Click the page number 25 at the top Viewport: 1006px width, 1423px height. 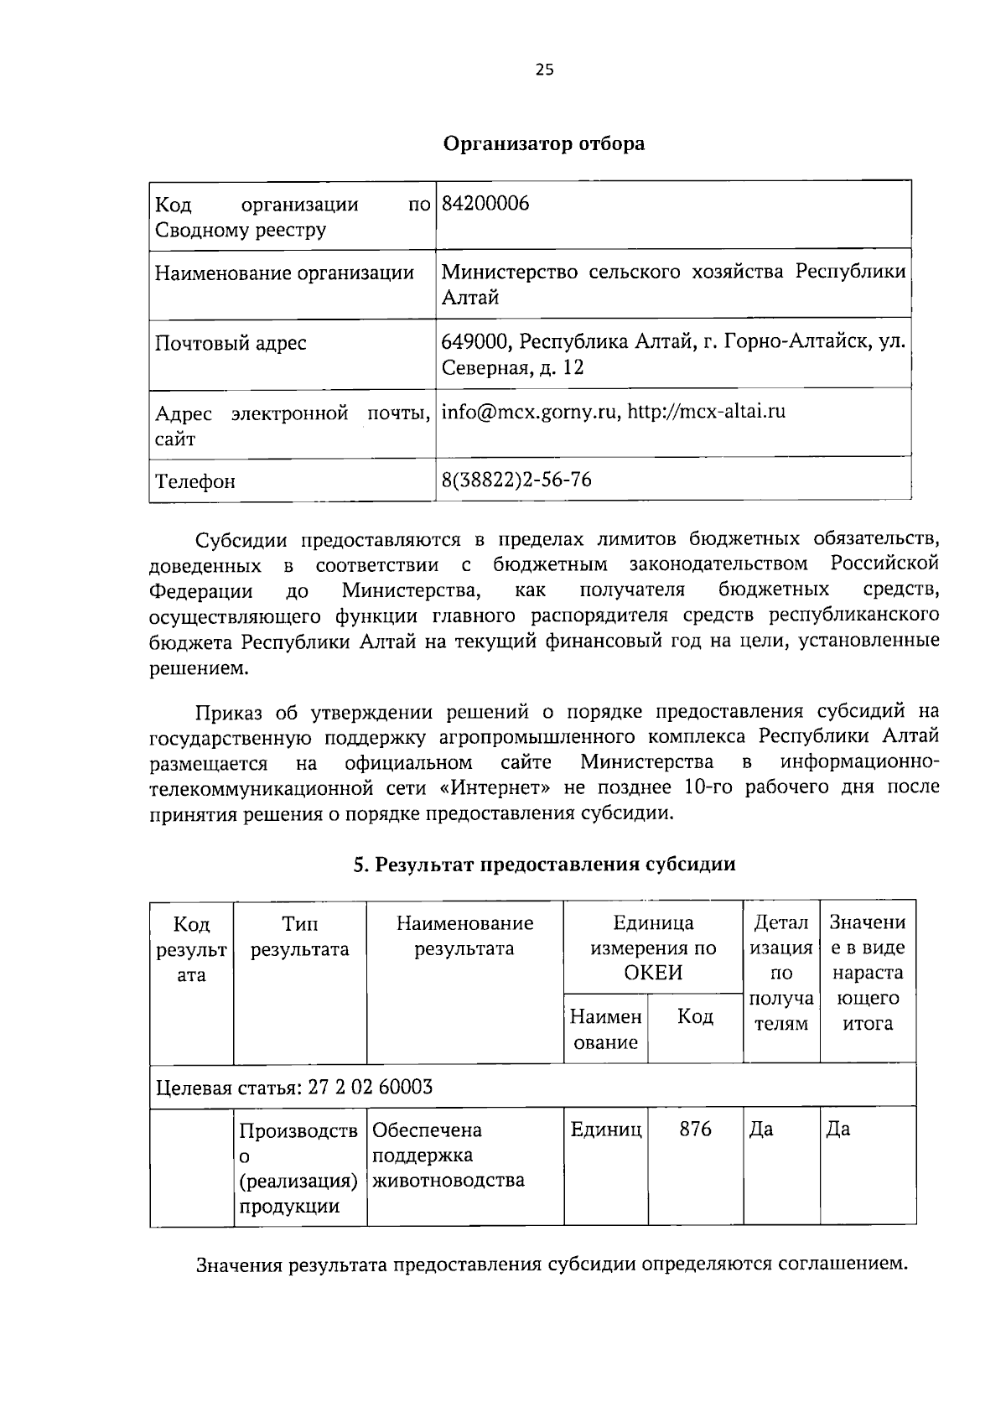tap(544, 70)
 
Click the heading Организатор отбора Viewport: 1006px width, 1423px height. tap(544, 143)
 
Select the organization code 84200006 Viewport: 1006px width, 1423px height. tap(485, 204)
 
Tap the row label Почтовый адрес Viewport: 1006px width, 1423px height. tap(231, 343)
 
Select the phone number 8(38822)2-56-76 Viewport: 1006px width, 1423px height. tap(516, 480)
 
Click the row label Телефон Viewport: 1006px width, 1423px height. tap(195, 481)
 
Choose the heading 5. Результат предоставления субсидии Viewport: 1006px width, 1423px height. tap(544, 865)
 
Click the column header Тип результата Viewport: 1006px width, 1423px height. tap(300, 937)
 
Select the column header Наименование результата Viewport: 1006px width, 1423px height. tap(464, 937)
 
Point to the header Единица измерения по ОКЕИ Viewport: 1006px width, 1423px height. tap(653, 948)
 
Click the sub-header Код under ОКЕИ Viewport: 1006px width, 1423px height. tap(695, 1017)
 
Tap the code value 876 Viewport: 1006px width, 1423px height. tap(695, 1130)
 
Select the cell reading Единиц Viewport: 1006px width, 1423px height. tap(605, 1130)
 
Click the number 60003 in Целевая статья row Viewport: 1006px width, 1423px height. tap(406, 1088)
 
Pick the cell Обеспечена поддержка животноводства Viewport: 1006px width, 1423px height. tap(449, 1156)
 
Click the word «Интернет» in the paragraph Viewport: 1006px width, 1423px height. tap(495, 787)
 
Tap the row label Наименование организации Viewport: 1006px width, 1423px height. tap(285, 273)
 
